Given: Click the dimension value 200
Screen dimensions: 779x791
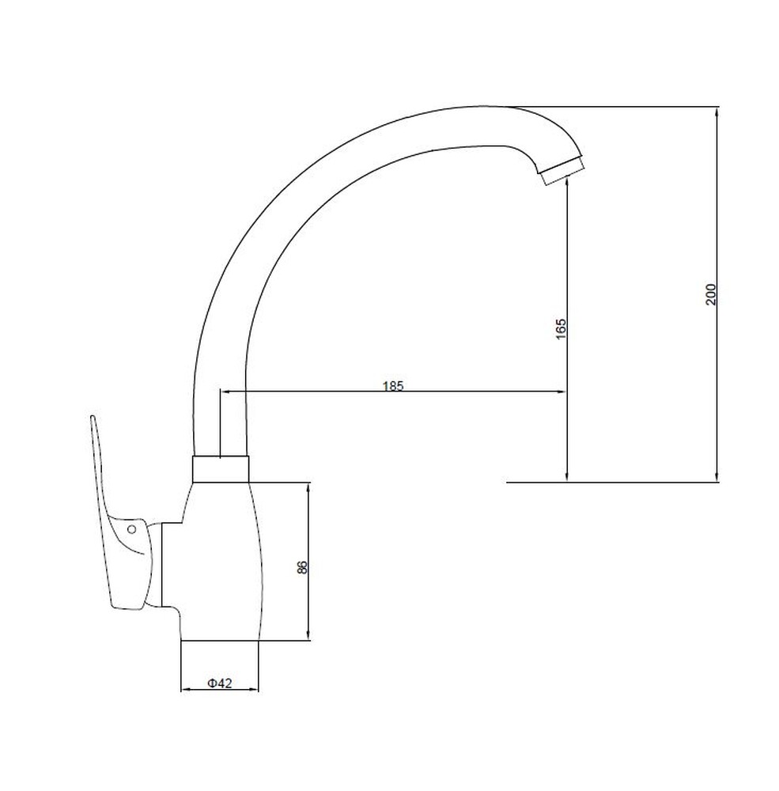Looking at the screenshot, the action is point(710,294).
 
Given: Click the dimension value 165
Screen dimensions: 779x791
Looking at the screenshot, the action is point(561,328).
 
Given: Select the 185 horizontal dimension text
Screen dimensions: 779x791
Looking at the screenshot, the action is point(394,386).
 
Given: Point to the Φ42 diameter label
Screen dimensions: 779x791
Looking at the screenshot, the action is point(220,683).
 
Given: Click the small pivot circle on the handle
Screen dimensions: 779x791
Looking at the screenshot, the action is point(132,529).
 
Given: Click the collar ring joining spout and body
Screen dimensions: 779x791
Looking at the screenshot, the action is point(221,468).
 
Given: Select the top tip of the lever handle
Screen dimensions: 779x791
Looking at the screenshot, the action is point(93,417).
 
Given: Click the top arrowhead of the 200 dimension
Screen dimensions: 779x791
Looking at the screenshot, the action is point(717,112).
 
